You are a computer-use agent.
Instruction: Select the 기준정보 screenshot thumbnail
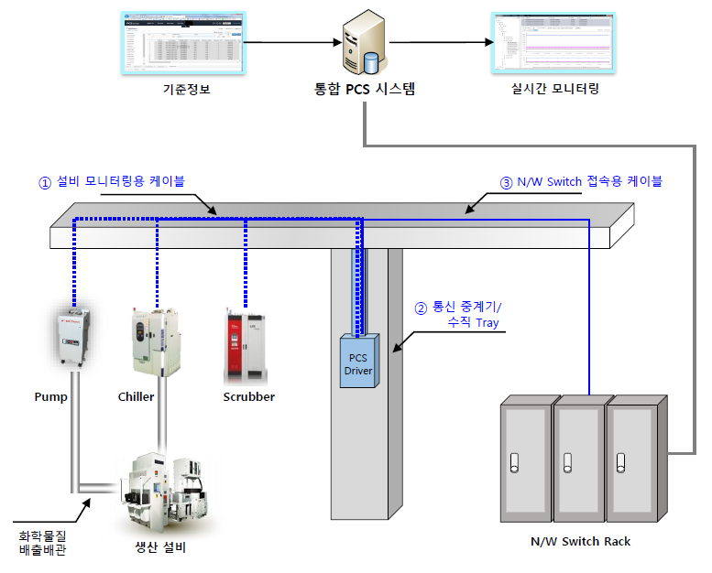[185, 43]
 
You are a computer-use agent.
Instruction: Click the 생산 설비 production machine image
[164, 489]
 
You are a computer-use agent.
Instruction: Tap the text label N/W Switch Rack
[580, 541]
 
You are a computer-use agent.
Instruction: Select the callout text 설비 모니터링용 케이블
[120, 181]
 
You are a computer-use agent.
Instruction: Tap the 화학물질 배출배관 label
[42, 542]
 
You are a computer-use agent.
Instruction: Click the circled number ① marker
[43, 181]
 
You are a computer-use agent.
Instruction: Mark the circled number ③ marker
[506, 181]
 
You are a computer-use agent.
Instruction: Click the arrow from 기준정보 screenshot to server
[290, 41]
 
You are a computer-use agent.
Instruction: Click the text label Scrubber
[248, 397]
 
